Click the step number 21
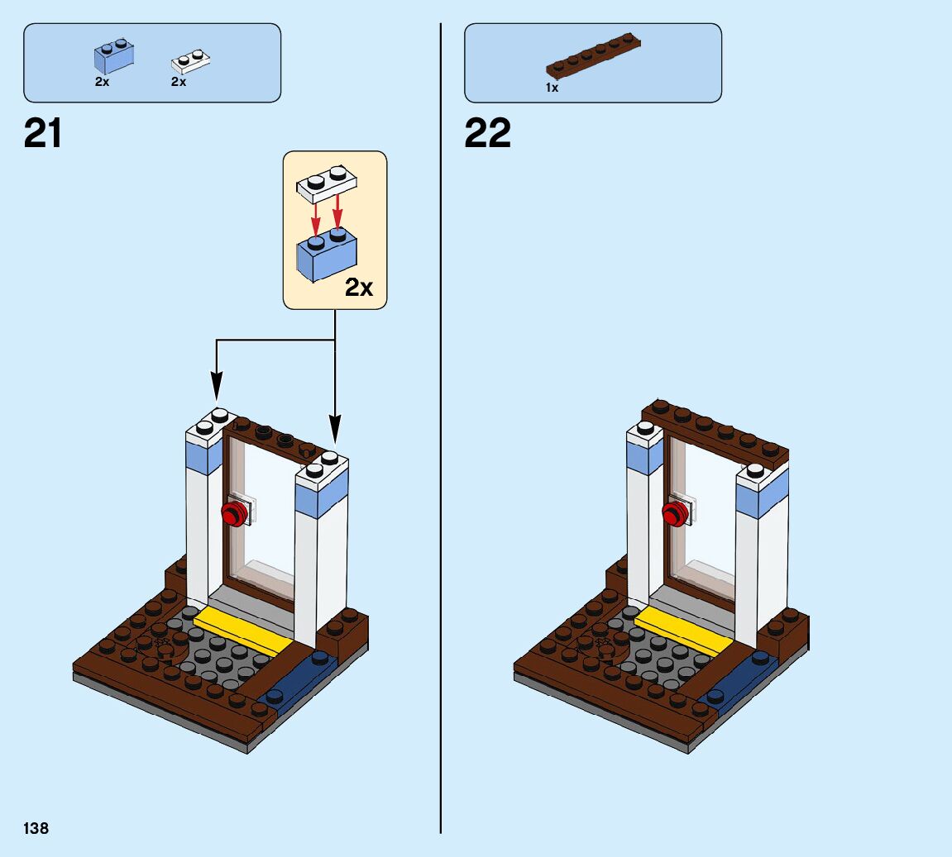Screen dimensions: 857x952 pos(43,133)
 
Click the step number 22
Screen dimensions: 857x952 pos(488,133)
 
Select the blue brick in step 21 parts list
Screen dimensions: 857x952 pos(114,57)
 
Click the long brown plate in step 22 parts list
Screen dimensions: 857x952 pos(593,57)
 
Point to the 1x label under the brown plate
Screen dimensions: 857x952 pos(552,88)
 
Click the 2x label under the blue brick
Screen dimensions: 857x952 pos(102,83)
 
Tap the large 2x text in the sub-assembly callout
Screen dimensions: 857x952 pos(359,288)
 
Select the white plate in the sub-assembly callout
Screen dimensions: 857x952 pos(327,183)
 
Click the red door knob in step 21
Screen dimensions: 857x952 pos(235,513)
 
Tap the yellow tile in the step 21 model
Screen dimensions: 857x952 pos(242,632)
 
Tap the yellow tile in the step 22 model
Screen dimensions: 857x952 pos(683,632)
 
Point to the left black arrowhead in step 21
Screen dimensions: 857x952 pos(217,384)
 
